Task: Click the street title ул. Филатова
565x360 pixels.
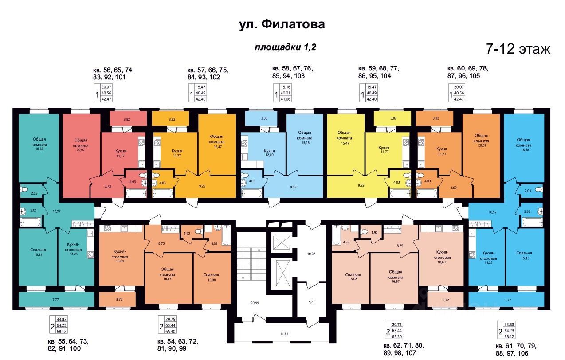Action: click(x=282, y=24)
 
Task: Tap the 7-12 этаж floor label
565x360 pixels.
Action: click(x=518, y=49)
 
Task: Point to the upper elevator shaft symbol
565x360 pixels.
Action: click(x=281, y=243)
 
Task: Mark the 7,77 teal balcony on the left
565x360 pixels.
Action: click(x=55, y=300)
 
